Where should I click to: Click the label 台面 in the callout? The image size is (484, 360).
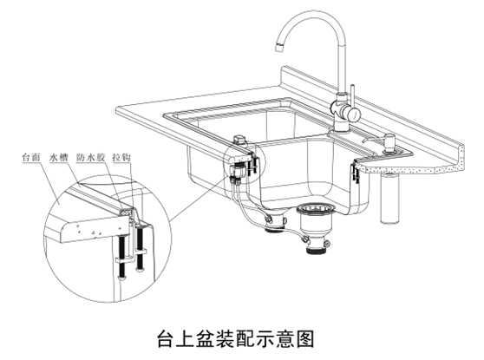click(x=31, y=158)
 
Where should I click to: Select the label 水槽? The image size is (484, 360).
click(x=59, y=158)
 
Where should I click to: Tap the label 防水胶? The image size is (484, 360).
click(x=91, y=158)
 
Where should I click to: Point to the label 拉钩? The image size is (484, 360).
click(x=121, y=158)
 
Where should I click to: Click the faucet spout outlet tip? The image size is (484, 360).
click(x=279, y=47)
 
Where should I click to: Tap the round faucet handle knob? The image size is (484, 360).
click(x=352, y=114)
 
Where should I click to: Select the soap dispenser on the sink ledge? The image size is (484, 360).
click(x=389, y=143)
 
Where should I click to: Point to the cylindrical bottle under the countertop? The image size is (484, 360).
click(x=389, y=199)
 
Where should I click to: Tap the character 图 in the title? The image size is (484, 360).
click(x=304, y=339)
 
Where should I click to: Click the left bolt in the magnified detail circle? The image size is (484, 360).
click(x=122, y=257)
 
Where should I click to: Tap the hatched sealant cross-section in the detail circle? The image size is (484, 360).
click(x=126, y=213)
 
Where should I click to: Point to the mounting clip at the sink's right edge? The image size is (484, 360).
click(x=355, y=174)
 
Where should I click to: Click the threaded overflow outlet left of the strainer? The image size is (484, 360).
click(x=274, y=229)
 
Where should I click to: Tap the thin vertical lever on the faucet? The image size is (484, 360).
click(x=352, y=95)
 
